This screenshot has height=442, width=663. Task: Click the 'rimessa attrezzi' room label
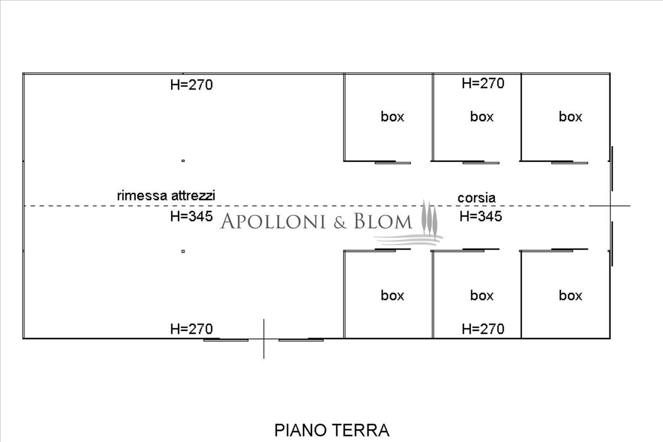point(166,196)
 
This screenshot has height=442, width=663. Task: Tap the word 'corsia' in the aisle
point(476,198)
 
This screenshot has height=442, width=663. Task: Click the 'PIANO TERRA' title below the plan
point(332,430)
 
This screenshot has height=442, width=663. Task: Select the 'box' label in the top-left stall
point(392,117)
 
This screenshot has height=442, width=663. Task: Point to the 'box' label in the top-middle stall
point(482,117)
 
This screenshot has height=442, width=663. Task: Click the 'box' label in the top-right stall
point(570,117)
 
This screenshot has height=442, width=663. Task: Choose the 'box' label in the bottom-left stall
point(392,296)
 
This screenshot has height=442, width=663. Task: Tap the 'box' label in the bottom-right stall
point(570,296)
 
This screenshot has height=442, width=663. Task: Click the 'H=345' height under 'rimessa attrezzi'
point(191,217)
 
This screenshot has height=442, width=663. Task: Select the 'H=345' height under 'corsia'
point(481,217)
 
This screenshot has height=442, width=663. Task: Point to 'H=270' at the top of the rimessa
point(191,85)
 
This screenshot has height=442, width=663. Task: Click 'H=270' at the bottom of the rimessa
point(191,329)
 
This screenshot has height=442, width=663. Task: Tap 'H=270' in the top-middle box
point(483,83)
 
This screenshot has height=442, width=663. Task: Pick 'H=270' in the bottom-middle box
point(483,329)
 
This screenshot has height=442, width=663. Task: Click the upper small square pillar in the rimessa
point(183,161)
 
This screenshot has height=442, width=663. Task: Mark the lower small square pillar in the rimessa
point(183,251)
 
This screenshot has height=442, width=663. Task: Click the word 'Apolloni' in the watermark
point(273,222)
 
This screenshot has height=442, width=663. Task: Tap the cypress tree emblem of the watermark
point(429,219)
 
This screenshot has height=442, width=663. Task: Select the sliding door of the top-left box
point(393,162)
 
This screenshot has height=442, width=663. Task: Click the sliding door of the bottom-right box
point(570,250)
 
